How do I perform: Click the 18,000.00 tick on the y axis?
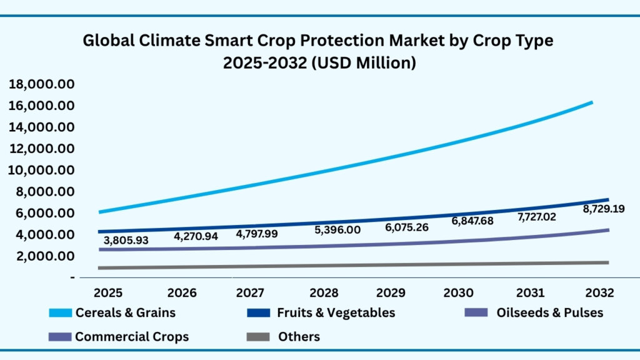tap(41, 84)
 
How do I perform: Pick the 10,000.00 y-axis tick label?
tap(41, 170)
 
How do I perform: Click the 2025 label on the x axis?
tap(107, 292)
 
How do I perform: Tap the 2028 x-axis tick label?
tap(324, 292)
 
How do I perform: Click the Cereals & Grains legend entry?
tap(125, 312)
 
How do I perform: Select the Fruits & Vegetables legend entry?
tap(336, 312)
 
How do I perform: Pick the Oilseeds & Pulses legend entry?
tap(549, 312)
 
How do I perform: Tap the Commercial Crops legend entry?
tap(132, 337)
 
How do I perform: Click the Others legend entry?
tap(299, 337)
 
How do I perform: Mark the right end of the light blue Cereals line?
tap(591, 102)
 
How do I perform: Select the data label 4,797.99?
tap(257, 234)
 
